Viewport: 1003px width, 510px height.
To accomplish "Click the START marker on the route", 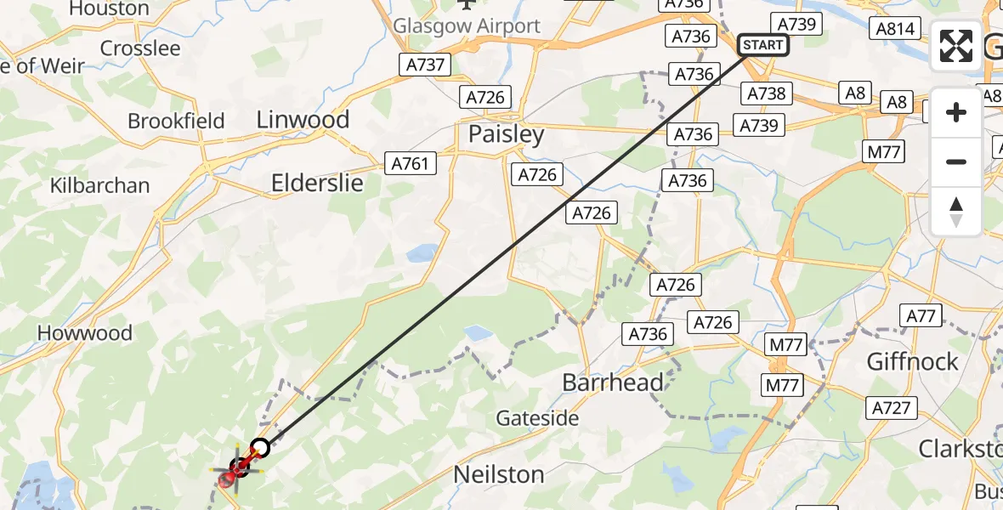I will pos(763,44).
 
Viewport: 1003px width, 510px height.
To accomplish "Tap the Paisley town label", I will pos(507,135).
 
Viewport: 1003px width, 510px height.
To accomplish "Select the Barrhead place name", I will pos(613,382).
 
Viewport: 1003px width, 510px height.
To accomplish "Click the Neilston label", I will pos(499,474).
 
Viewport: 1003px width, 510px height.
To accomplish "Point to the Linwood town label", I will pos(303,120).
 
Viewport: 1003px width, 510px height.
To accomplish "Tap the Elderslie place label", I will pos(317,183).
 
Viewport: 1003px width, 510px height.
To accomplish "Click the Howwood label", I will pos(85,333).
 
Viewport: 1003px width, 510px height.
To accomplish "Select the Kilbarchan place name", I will pos(99,185).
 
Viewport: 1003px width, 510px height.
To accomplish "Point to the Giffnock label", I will pos(912,362).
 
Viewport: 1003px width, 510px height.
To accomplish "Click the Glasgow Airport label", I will pos(467,25).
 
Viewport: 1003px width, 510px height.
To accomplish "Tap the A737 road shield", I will pos(423,65).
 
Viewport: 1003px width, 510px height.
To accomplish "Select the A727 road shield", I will pos(892,409).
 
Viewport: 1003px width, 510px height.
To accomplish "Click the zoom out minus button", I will pos(956,161).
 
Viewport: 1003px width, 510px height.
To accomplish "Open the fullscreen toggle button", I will pos(956,46).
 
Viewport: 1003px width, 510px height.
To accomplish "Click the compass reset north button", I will pos(956,211).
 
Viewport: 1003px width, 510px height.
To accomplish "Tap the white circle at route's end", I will pos(260,447).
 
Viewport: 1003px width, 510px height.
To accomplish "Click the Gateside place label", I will pos(537,418).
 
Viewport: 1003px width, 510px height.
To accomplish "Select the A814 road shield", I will pos(896,29).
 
